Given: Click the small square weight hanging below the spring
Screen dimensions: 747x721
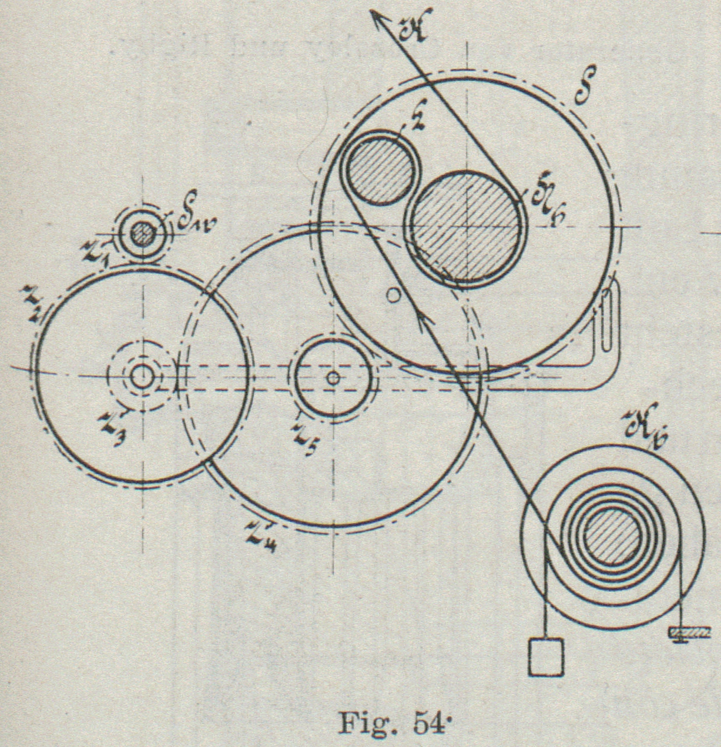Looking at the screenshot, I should pos(546,656).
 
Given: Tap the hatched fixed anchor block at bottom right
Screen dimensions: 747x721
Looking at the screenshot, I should pos(688,632).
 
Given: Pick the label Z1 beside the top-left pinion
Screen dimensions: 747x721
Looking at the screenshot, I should pos(94,254).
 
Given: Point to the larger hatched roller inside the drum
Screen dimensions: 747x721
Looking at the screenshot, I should pos(466,228).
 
